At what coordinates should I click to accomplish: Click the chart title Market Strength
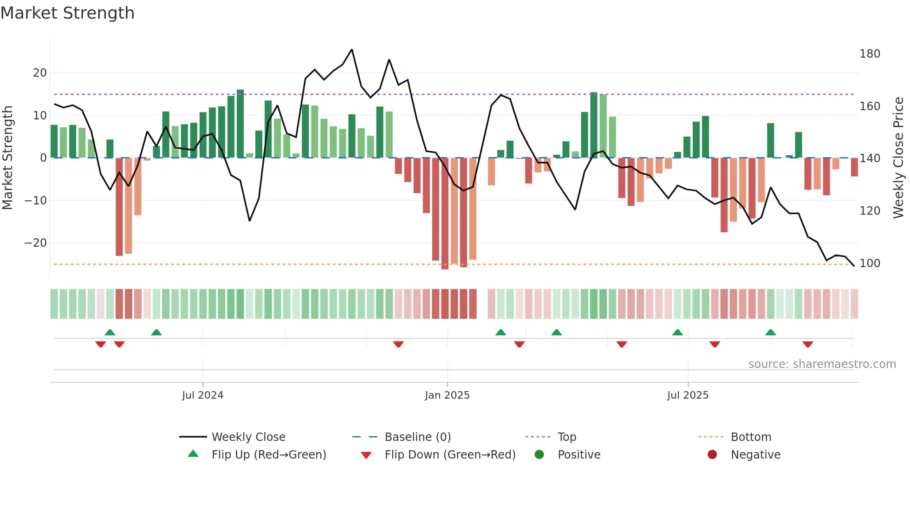67,13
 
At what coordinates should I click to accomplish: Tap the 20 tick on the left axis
40,73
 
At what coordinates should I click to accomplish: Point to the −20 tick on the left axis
36,243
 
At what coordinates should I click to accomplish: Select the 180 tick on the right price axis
870,54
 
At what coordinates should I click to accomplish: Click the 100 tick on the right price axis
870,263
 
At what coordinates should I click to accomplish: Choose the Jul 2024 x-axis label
202,395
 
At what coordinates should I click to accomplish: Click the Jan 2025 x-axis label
447,395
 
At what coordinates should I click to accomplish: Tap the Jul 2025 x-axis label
688,395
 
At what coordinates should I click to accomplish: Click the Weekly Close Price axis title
898,158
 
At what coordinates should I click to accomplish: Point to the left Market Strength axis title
7,158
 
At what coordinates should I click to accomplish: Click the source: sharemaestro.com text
822,364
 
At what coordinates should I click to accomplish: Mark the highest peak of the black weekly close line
352,49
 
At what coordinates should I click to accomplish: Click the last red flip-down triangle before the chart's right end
808,344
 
